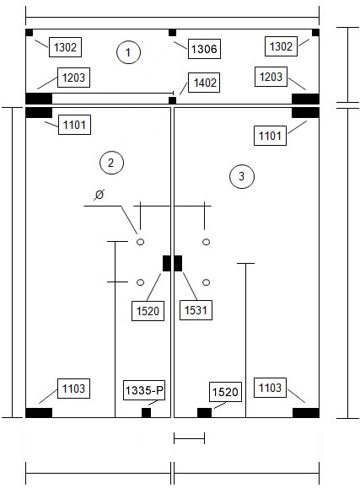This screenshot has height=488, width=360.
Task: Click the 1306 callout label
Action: (x=204, y=49)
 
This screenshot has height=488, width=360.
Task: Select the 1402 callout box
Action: (x=204, y=83)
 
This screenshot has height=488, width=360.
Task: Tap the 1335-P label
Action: (x=144, y=390)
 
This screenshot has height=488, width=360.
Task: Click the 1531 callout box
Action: (x=196, y=310)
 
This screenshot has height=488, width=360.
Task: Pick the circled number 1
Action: (x=128, y=52)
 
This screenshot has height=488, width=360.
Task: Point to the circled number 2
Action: (x=111, y=163)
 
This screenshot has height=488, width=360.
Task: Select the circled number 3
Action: (x=242, y=176)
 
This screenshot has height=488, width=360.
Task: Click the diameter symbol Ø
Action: (x=99, y=195)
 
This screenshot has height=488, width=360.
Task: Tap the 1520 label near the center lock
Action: (x=148, y=311)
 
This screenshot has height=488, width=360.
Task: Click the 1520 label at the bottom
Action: (x=225, y=392)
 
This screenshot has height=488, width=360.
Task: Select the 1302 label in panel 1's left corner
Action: (x=66, y=47)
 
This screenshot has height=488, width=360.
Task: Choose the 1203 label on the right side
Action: (x=271, y=77)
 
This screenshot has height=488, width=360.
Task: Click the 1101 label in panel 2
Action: (x=74, y=125)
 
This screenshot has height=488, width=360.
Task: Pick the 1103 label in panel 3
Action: (x=270, y=388)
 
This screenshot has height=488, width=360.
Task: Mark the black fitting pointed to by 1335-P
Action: (x=147, y=413)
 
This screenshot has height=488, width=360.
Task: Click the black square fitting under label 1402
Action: (x=172, y=100)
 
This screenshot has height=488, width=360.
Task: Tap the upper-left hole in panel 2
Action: (x=141, y=242)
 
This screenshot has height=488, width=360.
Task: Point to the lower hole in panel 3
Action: (x=207, y=282)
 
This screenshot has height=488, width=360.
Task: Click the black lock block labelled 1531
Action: (x=178, y=263)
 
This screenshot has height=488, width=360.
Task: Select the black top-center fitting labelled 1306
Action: (x=172, y=33)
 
